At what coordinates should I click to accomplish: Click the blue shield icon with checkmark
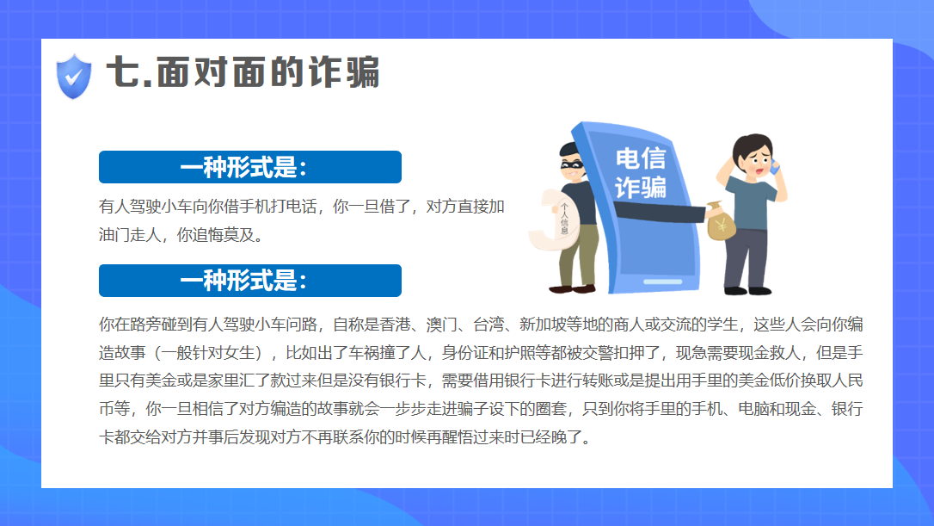pos(74,77)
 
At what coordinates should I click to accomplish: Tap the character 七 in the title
pos(123,72)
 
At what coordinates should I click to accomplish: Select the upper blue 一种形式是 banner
pos(250,167)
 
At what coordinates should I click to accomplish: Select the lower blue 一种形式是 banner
pos(250,281)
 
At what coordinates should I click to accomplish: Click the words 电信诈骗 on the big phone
pos(641,173)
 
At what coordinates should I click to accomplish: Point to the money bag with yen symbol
pos(721,221)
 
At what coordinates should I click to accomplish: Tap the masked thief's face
pos(572,166)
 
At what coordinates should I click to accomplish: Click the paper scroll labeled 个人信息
pos(554,220)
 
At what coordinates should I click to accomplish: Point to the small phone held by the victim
pos(774,166)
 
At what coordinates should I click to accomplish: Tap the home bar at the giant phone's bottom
pos(662,282)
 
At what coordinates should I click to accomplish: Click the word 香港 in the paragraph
pos(395,325)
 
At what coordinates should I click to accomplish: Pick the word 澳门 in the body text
pos(442,325)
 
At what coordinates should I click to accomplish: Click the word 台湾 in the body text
pos(489,325)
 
